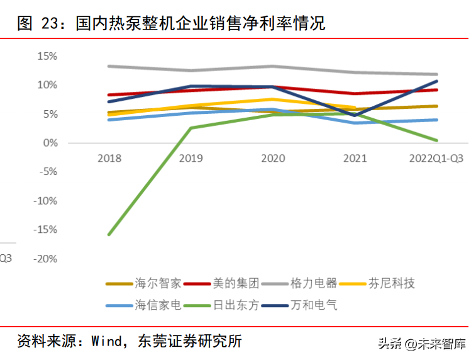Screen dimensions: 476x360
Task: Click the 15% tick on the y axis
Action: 47,56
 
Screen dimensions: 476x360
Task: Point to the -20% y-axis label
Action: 45,259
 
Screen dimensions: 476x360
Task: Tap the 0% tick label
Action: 50,143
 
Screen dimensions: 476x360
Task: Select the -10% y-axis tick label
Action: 45,201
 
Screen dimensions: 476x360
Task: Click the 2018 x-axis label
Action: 109,158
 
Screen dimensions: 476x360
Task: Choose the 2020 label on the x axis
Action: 273,158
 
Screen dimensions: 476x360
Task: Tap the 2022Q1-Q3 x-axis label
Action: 436,158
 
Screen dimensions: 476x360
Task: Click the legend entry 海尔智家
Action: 143,283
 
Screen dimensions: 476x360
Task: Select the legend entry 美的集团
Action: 221,283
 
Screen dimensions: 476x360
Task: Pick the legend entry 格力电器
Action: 299,283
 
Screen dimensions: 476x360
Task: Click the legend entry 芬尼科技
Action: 377,283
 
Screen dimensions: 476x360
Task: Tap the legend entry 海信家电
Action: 143,305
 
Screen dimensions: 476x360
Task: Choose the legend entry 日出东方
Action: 221,305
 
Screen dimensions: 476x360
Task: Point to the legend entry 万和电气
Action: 299,305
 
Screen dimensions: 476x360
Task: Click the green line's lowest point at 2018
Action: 109,235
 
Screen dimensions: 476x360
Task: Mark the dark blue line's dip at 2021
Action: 355,115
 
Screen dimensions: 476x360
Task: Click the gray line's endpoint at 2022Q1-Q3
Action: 436,74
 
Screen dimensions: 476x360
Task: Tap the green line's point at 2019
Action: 191,128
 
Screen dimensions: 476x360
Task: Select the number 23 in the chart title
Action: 50,23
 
